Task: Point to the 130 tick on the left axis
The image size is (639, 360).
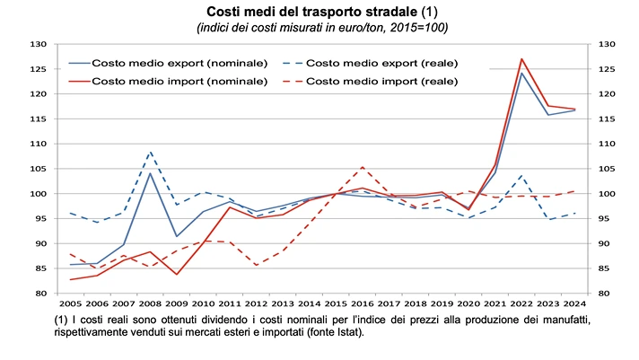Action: point(38,44)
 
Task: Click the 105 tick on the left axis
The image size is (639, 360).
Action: point(38,169)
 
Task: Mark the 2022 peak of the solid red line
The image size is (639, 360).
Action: point(522,58)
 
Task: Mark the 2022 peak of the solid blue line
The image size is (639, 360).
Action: point(522,73)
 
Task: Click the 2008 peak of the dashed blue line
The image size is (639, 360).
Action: point(149,152)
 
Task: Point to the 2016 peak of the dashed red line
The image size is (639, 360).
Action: point(361,167)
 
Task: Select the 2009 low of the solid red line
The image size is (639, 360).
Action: point(176,275)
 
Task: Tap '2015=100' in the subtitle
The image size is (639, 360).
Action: point(418,28)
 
